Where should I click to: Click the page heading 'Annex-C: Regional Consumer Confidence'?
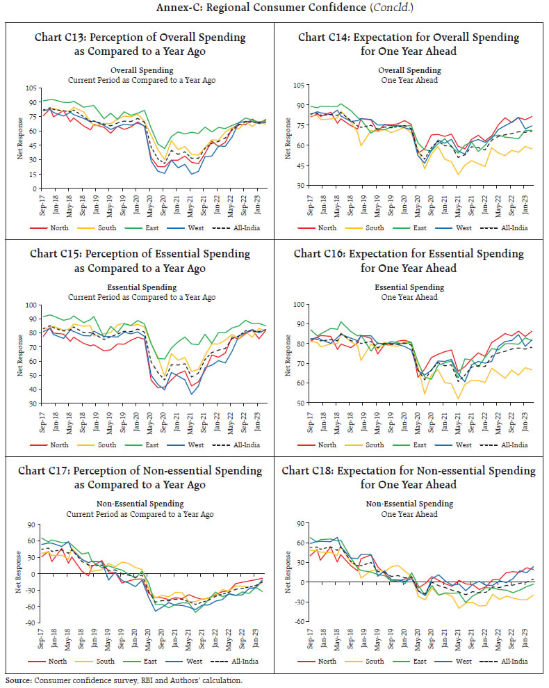click(x=274, y=9)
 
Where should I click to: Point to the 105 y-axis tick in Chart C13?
click(x=30, y=88)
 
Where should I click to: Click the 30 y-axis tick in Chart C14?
click(x=298, y=185)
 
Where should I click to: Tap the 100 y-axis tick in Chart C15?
click(x=30, y=305)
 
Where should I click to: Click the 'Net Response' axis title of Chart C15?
click(x=20, y=354)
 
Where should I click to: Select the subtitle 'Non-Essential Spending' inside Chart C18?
click(x=409, y=504)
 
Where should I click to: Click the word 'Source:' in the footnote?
click(x=18, y=680)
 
